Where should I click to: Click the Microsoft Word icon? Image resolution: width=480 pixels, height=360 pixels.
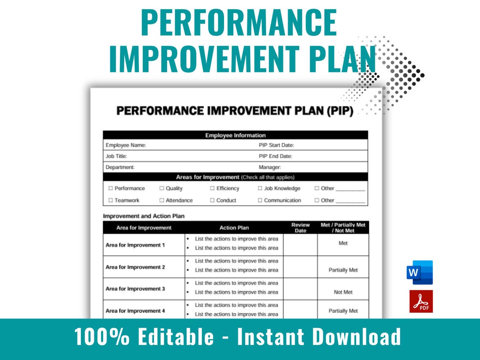pyautogui.click(x=419, y=272)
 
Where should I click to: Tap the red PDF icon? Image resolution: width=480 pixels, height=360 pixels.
pyautogui.click(x=421, y=301)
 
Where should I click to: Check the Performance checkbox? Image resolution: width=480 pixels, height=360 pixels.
pyautogui.click(x=111, y=189)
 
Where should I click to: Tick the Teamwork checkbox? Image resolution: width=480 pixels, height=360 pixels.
pyautogui.click(x=111, y=200)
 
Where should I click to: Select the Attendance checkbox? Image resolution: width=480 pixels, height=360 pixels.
pyautogui.click(x=162, y=200)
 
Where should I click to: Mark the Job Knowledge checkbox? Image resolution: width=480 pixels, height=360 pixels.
pyautogui.click(x=260, y=189)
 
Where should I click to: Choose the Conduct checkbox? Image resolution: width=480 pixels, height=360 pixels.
pyautogui.click(x=212, y=200)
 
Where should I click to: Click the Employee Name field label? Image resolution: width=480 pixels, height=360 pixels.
pyautogui.click(x=125, y=145)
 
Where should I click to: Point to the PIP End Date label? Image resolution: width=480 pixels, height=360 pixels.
pyautogui.click(x=275, y=156)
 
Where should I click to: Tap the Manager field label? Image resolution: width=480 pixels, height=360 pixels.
pyautogui.click(x=269, y=167)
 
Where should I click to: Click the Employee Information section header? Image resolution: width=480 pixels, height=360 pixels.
pyautogui.click(x=235, y=135)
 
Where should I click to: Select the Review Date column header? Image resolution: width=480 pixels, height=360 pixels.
pyautogui.click(x=300, y=228)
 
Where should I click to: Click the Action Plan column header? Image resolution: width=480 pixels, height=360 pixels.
pyautogui.click(x=234, y=228)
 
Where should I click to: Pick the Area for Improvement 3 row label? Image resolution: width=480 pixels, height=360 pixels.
pyautogui.click(x=135, y=289)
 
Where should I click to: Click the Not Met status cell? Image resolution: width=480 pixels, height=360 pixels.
pyautogui.click(x=343, y=292)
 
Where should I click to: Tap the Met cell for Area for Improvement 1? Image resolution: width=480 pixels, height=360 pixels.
pyautogui.click(x=343, y=243)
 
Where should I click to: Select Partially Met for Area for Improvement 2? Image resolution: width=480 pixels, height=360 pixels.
pyautogui.click(x=343, y=270)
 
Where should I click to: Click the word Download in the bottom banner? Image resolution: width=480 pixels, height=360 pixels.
pyautogui.click(x=357, y=337)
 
